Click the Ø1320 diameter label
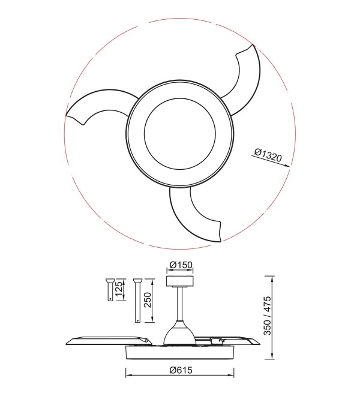268,155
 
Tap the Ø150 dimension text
181,265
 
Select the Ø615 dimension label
181,370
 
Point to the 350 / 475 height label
267,316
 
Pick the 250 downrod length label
147,300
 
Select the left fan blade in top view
101,106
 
